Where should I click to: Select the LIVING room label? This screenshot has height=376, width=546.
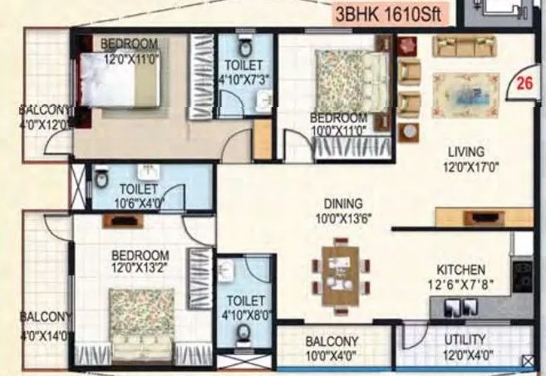[465, 152]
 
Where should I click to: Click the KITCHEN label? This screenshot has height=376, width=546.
[462, 270]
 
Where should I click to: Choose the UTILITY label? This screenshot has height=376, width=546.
[465, 339]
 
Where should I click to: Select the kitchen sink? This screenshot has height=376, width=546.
[450, 306]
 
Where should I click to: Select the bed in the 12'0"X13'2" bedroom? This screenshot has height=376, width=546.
[142, 325]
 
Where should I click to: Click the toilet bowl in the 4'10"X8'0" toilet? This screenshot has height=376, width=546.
[243, 332]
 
